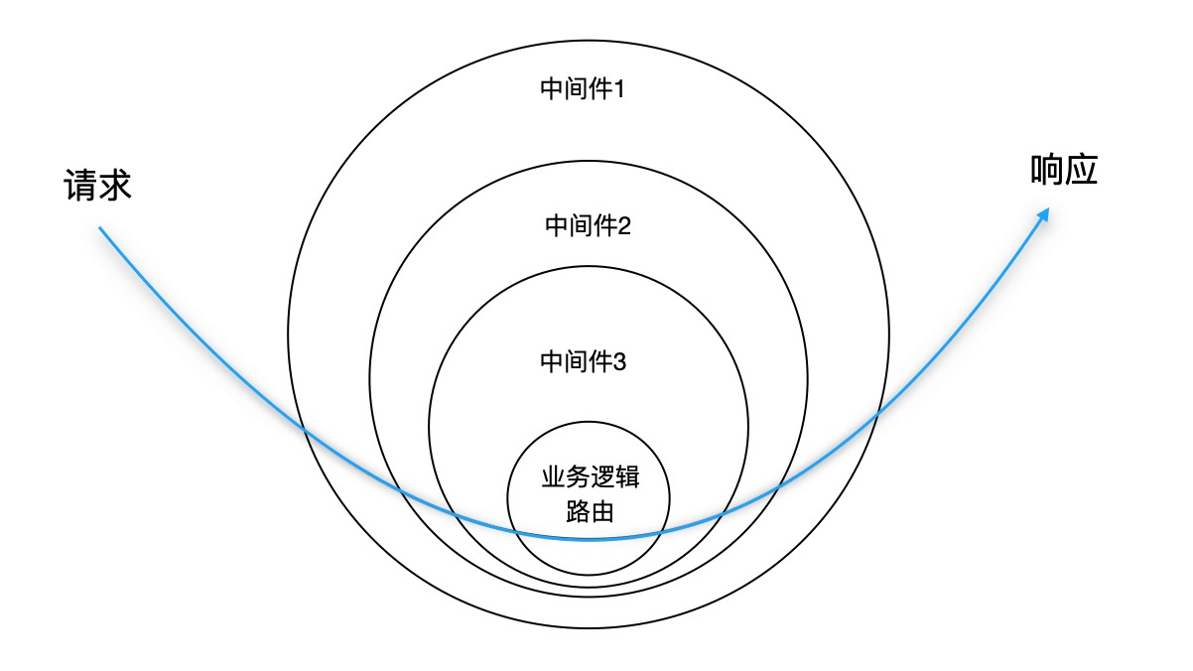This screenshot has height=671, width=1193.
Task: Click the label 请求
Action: click(x=97, y=186)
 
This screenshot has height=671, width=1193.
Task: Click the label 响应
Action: click(x=1063, y=171)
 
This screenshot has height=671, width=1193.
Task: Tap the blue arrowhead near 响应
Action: click(x=1044, y=214)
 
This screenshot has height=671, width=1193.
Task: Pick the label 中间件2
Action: click(x=589, y=225)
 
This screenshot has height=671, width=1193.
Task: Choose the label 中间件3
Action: click(x=584, y=361)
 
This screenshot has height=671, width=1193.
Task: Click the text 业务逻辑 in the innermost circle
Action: click(x=590, y=478)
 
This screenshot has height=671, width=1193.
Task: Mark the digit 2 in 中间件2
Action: click(x=625, y=225)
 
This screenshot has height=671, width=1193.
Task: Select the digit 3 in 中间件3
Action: click(x=620, y=361)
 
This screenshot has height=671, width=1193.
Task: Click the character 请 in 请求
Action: click(x=80, y=186)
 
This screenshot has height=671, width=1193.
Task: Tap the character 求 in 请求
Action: click(x=114, y=186)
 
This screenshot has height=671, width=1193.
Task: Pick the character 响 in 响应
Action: click(x=1046, y=171)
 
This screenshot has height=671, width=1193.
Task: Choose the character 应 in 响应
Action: click(x=1081, y=171)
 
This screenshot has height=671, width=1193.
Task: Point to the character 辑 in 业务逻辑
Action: click(x=628, y=478)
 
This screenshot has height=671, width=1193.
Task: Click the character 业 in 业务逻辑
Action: click(x=552, y=478)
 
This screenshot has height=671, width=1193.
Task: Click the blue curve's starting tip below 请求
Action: click(x=99, y=229)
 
